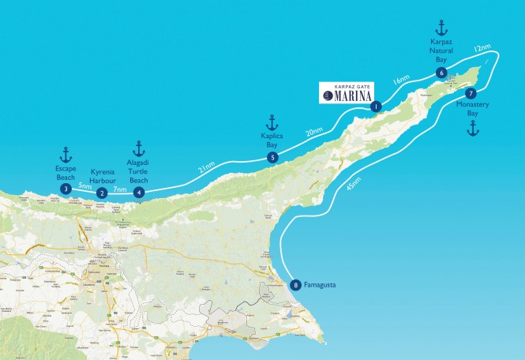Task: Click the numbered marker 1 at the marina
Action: (x=376, y=107)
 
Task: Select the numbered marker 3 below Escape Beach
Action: (x=66, y=189)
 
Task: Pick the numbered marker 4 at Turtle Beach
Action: (x=139, y=191)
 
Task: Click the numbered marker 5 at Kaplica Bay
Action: (x=272, y=158)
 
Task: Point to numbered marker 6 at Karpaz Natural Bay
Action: (x=441, y=73)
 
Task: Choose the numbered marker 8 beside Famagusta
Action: (x=295, y=286)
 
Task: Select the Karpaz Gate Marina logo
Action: (x=349, y=92)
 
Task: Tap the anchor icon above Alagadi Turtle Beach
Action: (x=139, y=148)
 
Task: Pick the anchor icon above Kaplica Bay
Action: (x=272, y=122)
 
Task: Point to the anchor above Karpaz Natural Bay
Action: (x=441, y=28)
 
